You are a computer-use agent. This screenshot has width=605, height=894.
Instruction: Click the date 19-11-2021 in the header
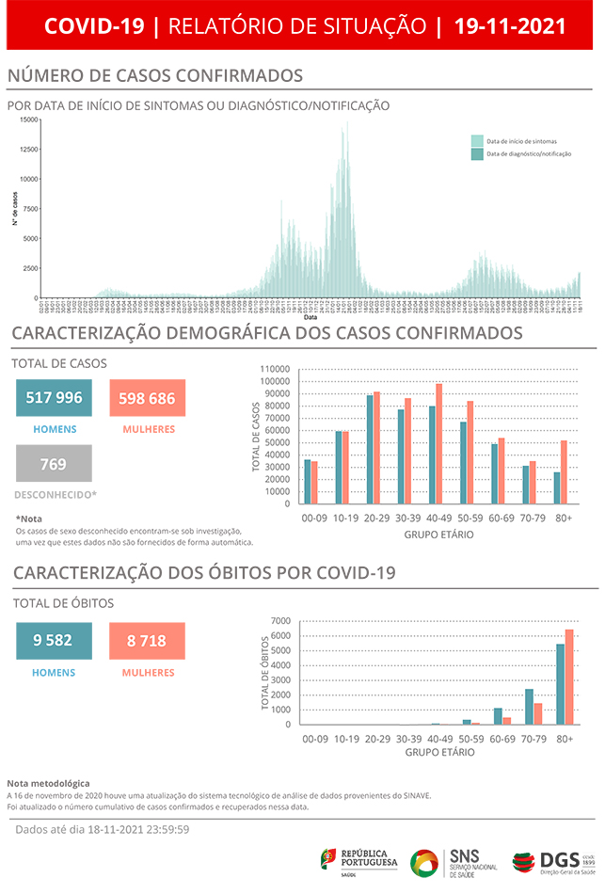coord(510,26)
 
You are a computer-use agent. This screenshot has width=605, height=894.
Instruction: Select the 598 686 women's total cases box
coord(147,398)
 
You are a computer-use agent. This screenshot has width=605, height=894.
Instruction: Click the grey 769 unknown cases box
coord(54,463)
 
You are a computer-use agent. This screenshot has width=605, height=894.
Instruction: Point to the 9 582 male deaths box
coord(54,641)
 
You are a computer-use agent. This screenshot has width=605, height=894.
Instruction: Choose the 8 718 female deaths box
coord(147,641)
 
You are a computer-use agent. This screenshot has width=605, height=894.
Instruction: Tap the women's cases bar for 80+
coord(565,472)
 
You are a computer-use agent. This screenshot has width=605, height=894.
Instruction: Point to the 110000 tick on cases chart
coord(277,369)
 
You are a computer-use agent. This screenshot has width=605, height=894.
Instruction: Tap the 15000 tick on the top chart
coord(28,120)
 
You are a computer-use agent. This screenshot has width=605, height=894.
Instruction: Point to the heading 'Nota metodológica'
coord(48,783)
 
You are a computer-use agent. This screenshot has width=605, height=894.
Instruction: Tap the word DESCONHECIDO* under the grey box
coord(56,494)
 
